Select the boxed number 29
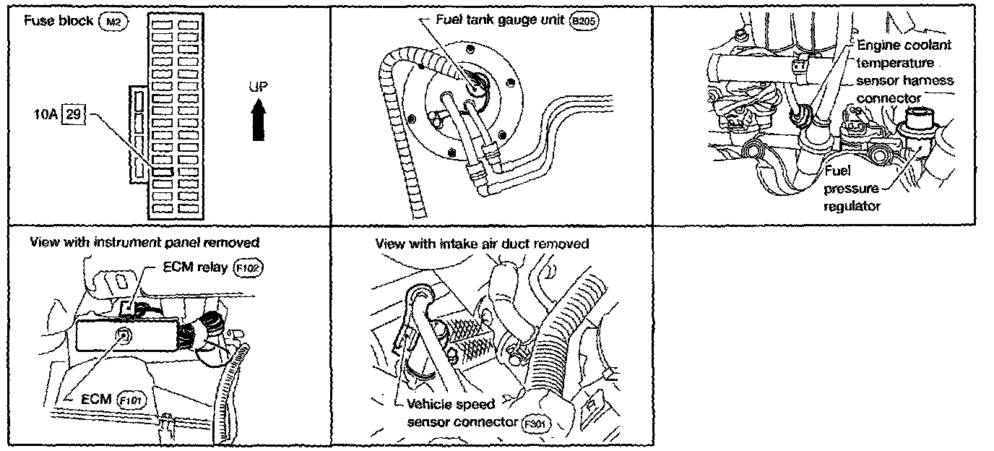pyautogui.click(x=72, y=114)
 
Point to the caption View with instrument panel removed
pyautogui.click(x=144, y=243)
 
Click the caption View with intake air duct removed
pyautogui.click(x=482, y=244)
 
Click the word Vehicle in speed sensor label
pyautogui.click(x=430, y=405)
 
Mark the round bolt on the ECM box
pyautogui.click(x=124, y=334)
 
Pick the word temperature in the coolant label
pyautogui.click(x=894, y=63)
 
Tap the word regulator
pyautogui.click(x=853, y=206)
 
